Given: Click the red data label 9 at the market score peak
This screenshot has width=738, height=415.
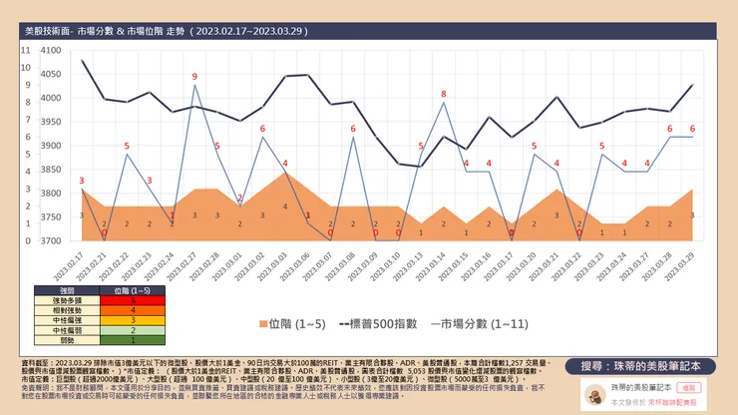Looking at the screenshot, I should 194,77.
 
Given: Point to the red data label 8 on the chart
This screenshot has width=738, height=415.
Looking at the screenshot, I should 444,94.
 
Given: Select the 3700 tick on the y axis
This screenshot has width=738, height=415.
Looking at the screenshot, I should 50,240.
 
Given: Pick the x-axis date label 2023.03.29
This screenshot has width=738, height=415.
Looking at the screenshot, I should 692,258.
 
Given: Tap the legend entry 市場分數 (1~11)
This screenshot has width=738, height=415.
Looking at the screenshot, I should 483,324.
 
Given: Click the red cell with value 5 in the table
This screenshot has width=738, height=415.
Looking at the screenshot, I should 133,299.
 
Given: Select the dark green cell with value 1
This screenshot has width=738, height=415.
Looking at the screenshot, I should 133,340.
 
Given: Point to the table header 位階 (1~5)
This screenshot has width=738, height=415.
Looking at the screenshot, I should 133,289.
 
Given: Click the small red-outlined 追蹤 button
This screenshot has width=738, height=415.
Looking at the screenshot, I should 689,384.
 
